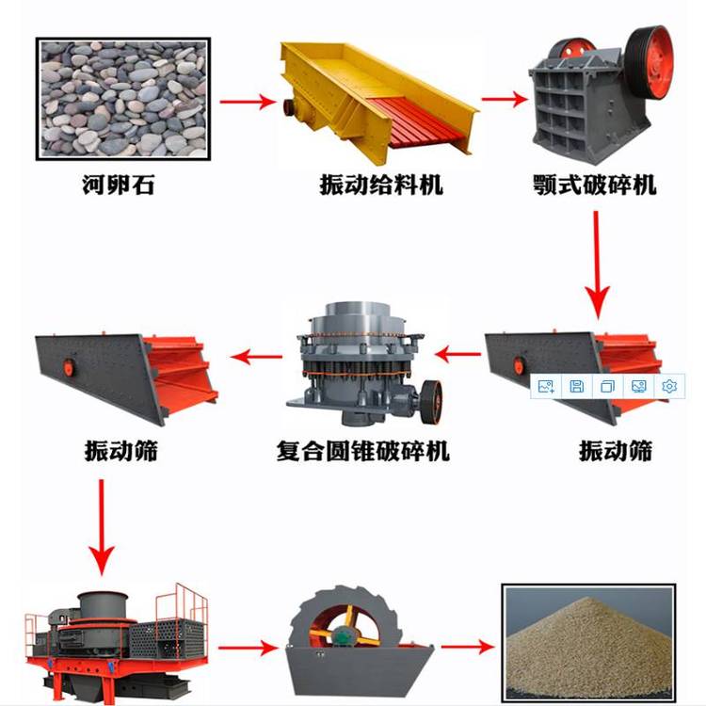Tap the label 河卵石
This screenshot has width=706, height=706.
click(119, 185)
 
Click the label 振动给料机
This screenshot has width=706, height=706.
click(379, 185)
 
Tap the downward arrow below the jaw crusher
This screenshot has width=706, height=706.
click(595, 264)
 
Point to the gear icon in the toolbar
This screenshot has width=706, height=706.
click(670, 386)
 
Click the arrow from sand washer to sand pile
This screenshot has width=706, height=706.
click(467, 647)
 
